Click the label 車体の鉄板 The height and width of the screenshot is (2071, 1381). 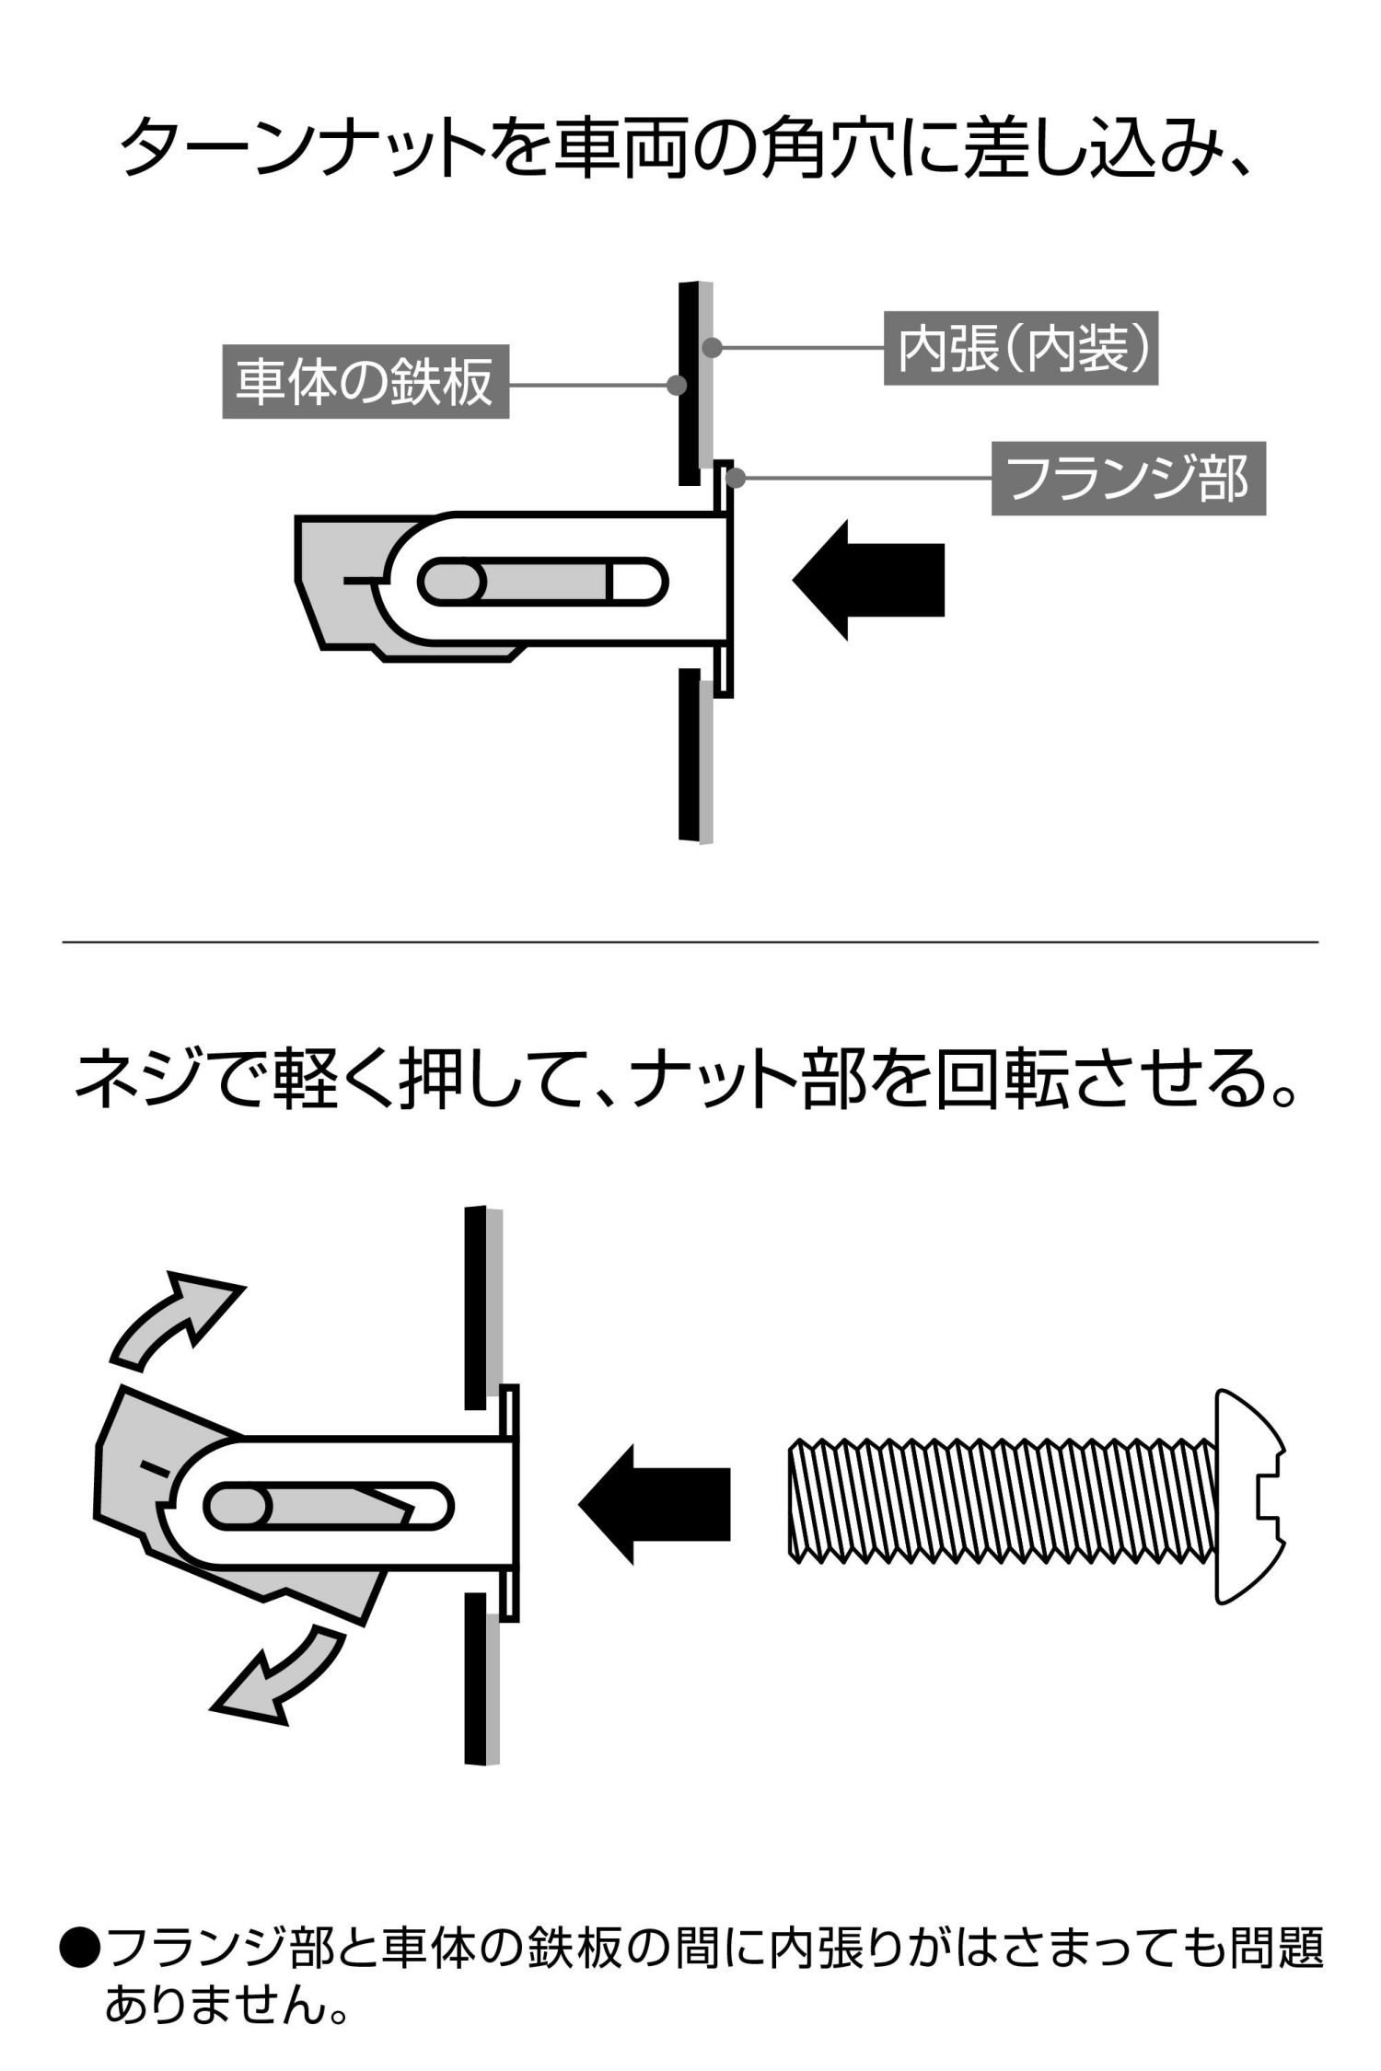[x=366, y=382]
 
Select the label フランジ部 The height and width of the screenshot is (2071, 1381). [x=1128, y=480]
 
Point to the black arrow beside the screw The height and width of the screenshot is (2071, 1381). [x=654, y=1504]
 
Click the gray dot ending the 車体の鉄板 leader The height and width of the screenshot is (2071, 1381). [x=677, y=385]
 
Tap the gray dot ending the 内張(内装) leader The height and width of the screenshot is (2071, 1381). [x=711, y=348]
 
